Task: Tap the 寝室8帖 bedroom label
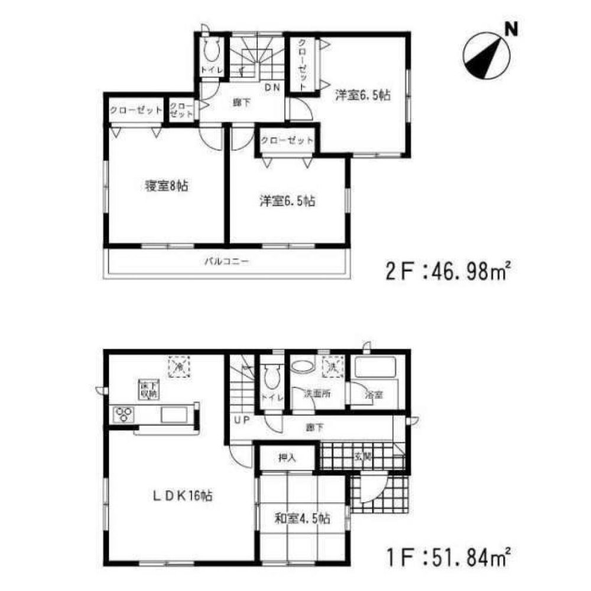pos(166,186)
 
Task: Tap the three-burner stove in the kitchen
pos(124,414)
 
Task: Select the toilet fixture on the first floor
pos(271,373)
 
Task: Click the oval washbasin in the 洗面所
pos(304,365)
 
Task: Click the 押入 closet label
pos(287,457)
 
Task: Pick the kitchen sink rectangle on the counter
pos(174,414)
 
